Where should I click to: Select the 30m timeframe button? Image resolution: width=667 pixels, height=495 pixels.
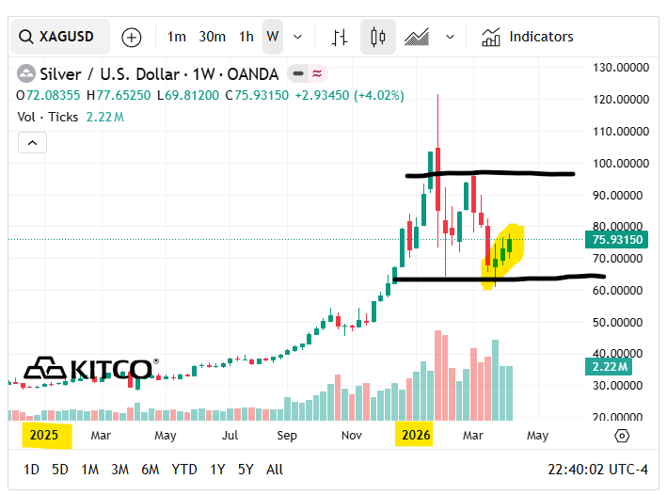click(212, 37)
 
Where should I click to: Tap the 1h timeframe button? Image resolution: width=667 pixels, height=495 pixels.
click(246, 37)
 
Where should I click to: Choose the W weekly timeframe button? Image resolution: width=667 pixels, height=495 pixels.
click(273, 37)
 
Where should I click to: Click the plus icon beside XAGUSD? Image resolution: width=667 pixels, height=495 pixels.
click(132, 38)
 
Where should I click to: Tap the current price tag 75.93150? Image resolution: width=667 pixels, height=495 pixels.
click(617, 240)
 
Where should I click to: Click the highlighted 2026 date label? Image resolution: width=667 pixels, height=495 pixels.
click(415, 436)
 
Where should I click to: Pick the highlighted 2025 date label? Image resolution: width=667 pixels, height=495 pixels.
click(44, 436)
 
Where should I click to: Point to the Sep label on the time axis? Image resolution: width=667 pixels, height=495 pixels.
click(287, 436)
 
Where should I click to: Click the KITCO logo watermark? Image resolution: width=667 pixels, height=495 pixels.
click(88, 368)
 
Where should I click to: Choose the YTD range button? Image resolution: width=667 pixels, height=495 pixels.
click(184, 469)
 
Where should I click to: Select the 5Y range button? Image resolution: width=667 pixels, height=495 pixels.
click(245, 469)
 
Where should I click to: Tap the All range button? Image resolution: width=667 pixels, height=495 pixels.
click(275, 469)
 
